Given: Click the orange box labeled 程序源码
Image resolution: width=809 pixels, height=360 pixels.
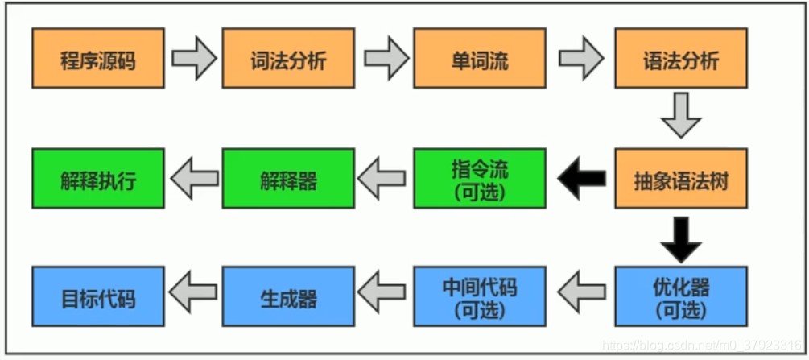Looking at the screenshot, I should tap(98, 59).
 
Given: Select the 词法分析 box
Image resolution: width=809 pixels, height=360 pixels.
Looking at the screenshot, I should tap(288, 59).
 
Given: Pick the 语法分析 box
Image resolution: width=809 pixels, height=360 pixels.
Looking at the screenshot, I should tap(681, 59).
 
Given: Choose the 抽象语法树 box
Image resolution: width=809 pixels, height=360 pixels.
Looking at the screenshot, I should tap(681, 178).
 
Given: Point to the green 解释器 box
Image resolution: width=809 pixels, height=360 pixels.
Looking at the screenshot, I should tap(288, 178).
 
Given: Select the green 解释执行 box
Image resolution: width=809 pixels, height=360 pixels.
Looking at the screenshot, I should tap(98, 178).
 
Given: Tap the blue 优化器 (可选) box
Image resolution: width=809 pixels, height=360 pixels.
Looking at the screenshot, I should tap(681, 297).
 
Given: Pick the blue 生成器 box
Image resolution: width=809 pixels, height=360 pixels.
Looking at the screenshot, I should tap(288, 297).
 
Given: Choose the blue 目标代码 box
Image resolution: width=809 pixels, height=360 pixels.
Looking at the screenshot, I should tap(98, 297).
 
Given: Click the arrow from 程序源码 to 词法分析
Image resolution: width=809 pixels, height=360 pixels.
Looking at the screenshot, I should tap(194, 59).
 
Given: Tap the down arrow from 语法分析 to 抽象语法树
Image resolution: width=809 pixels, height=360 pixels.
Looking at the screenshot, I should tap(681, 116).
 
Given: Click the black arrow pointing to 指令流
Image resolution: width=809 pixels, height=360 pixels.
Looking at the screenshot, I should tap(580, 178).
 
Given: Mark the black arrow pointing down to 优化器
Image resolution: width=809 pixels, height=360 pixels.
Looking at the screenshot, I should tap(681, 238).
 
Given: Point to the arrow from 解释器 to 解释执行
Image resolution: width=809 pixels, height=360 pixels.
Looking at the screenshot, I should tap(193, 178).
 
